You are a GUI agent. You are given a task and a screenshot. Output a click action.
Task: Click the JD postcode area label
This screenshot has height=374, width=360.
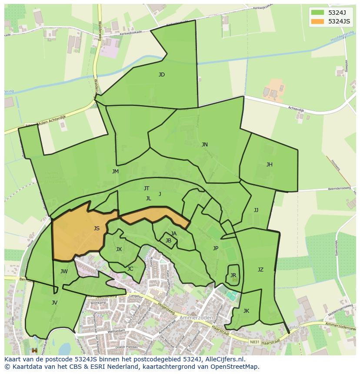click(162, 75)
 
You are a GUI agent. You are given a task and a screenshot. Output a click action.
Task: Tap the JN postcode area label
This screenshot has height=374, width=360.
click(204, 145)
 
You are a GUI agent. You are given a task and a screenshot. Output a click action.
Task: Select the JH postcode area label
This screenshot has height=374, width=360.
click(270, 165)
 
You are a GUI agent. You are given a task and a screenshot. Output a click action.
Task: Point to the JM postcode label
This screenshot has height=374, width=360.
click(115, 172)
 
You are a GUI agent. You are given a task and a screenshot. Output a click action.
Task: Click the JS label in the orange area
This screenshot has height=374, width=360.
click(97, 228)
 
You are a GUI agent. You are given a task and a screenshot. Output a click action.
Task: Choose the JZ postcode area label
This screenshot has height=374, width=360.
click(260, 270)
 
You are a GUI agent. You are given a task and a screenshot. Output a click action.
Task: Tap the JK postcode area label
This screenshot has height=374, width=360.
click(246, 311)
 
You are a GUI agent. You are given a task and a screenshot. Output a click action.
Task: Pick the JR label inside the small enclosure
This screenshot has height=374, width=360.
click(233, 275)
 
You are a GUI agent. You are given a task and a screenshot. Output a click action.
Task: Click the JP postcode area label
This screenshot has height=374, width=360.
click(216, 248)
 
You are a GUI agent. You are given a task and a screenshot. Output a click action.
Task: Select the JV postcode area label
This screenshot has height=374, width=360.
click(54, 303)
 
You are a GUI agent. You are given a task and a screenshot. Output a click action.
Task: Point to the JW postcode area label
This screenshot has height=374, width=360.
click(64, 271)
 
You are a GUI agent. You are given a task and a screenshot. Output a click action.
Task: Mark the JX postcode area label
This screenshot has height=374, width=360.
click(119, 249)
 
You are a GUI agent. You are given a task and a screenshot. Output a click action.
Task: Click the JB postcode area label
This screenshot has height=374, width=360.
click(168, 241)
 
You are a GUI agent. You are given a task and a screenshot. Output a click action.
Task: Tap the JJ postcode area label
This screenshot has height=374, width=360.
click(256, 210)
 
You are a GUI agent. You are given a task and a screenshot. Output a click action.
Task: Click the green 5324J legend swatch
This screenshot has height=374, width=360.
click(317, 12)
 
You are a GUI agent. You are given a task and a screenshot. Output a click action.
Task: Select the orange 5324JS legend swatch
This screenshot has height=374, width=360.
click(317, 21)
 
